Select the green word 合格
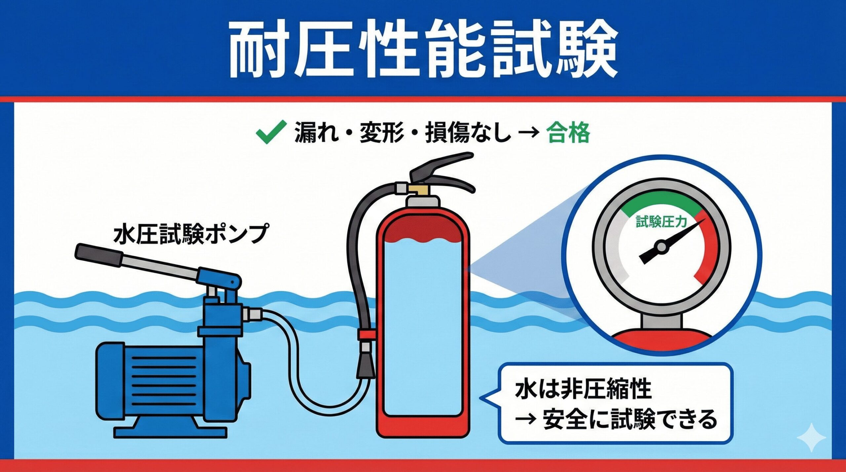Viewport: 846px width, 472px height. point(567,133)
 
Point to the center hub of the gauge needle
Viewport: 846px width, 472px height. point(661,246)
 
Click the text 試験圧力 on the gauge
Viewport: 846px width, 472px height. point(661,222)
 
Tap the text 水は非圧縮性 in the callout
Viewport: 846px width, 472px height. point(583,390)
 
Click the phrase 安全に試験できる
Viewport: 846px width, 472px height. point(630,420)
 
